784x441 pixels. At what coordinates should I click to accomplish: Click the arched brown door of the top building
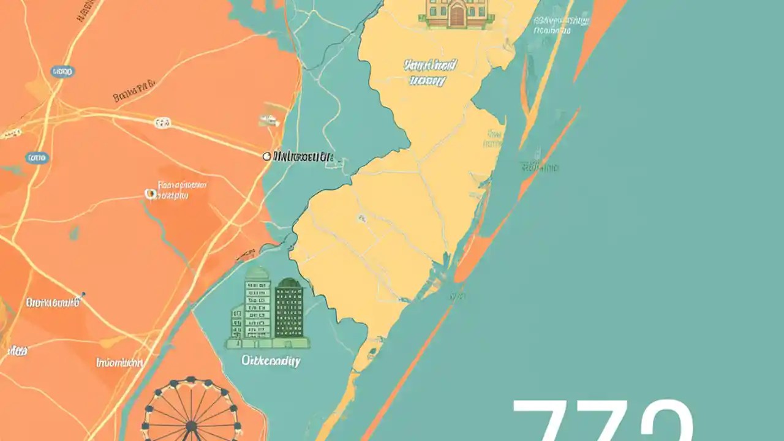pos(456,16)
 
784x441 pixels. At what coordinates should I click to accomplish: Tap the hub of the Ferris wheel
pos(191,426)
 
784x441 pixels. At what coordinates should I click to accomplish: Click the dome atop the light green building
pos(257,273)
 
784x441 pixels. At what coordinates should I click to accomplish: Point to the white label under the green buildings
pos(271,361)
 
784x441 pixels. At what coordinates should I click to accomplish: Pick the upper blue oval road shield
pos(62,72)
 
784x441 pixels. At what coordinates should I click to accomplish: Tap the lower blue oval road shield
pos(36,158)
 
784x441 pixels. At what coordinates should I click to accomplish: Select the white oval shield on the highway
pos(162,123)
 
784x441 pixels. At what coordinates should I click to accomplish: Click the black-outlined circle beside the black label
pos(266,157)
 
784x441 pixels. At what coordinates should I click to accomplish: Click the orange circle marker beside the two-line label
pos(149,194)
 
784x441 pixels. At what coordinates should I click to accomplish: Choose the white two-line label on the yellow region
pos(425,72)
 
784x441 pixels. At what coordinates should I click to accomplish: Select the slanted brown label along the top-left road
pos(87,10)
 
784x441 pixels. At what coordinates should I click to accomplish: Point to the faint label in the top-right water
pos(560,23)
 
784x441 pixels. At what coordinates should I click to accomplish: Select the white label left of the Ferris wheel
pos(119,363)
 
